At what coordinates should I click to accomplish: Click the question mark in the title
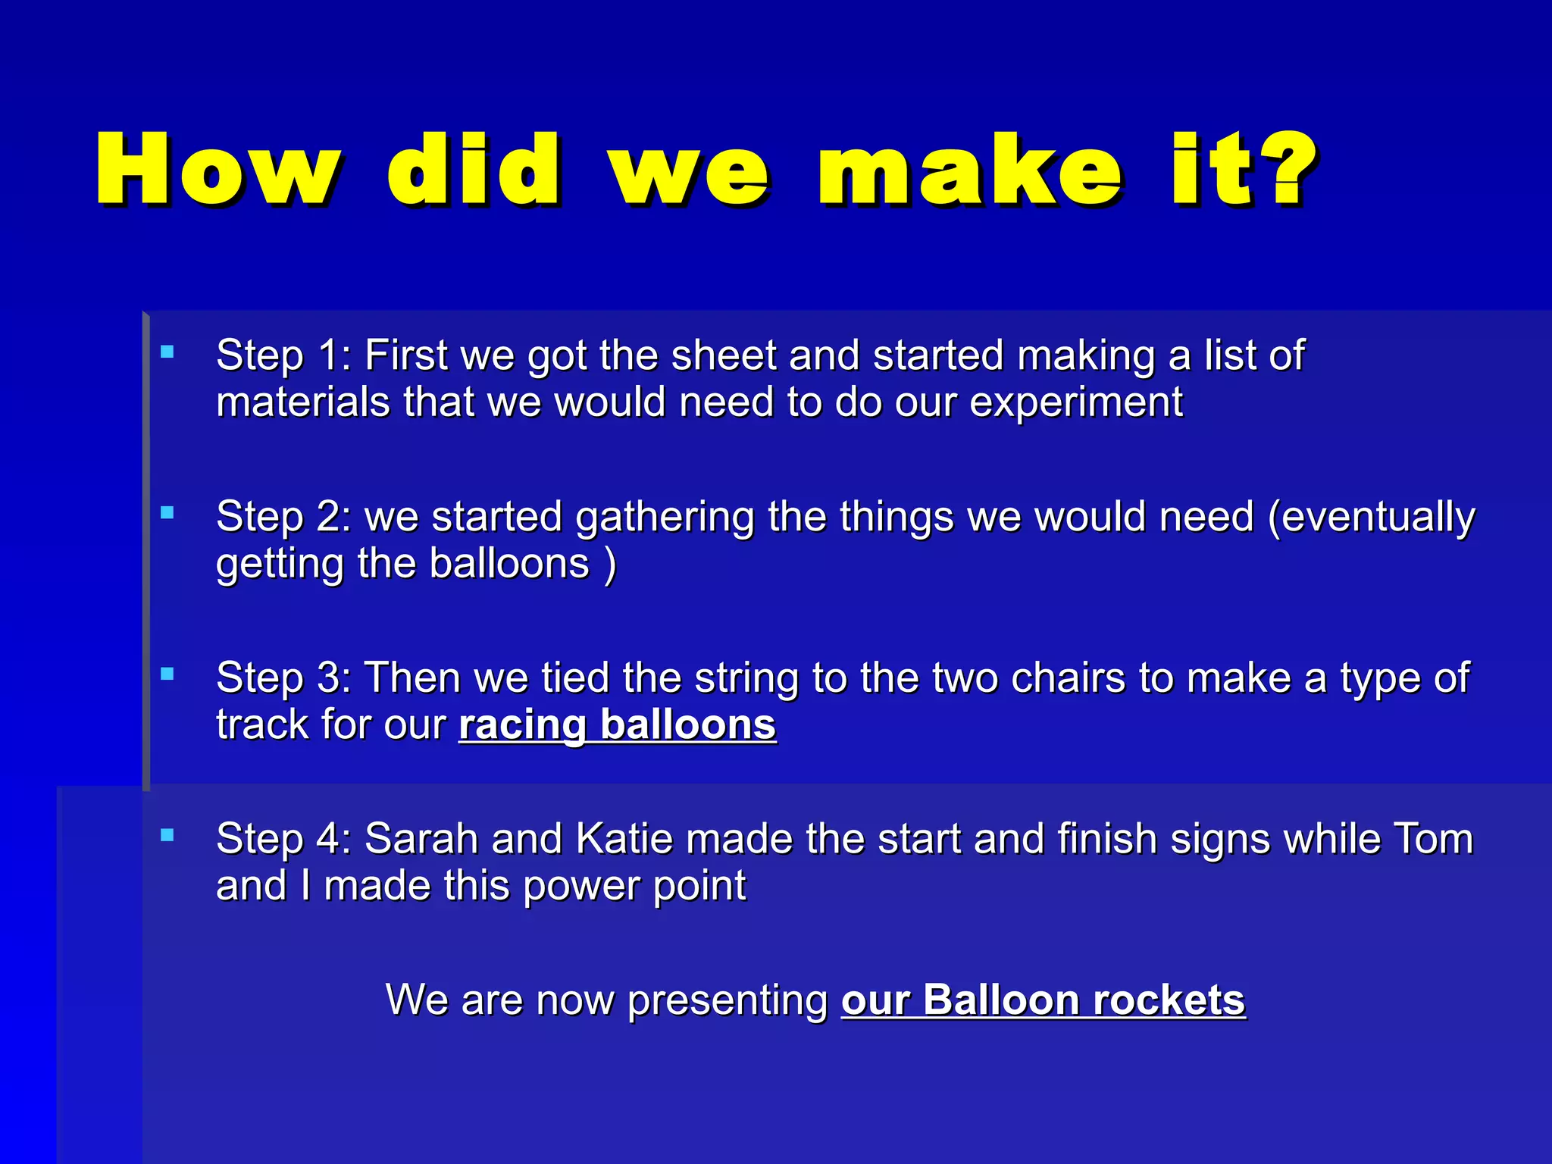1289,167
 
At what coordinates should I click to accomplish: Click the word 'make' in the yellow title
969,170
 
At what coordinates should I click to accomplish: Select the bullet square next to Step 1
167,352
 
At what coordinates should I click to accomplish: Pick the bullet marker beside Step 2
167,513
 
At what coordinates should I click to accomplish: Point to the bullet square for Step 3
167,674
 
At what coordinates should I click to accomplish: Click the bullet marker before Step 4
167,835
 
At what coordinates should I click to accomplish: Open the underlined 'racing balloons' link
617,724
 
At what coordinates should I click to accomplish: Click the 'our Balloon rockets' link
1043,1000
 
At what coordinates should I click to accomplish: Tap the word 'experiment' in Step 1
1076,402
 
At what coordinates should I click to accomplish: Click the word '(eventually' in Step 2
1371,517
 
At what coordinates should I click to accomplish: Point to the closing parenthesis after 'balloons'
610,565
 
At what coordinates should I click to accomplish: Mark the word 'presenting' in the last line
727,1001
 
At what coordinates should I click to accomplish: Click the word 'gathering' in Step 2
665,518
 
